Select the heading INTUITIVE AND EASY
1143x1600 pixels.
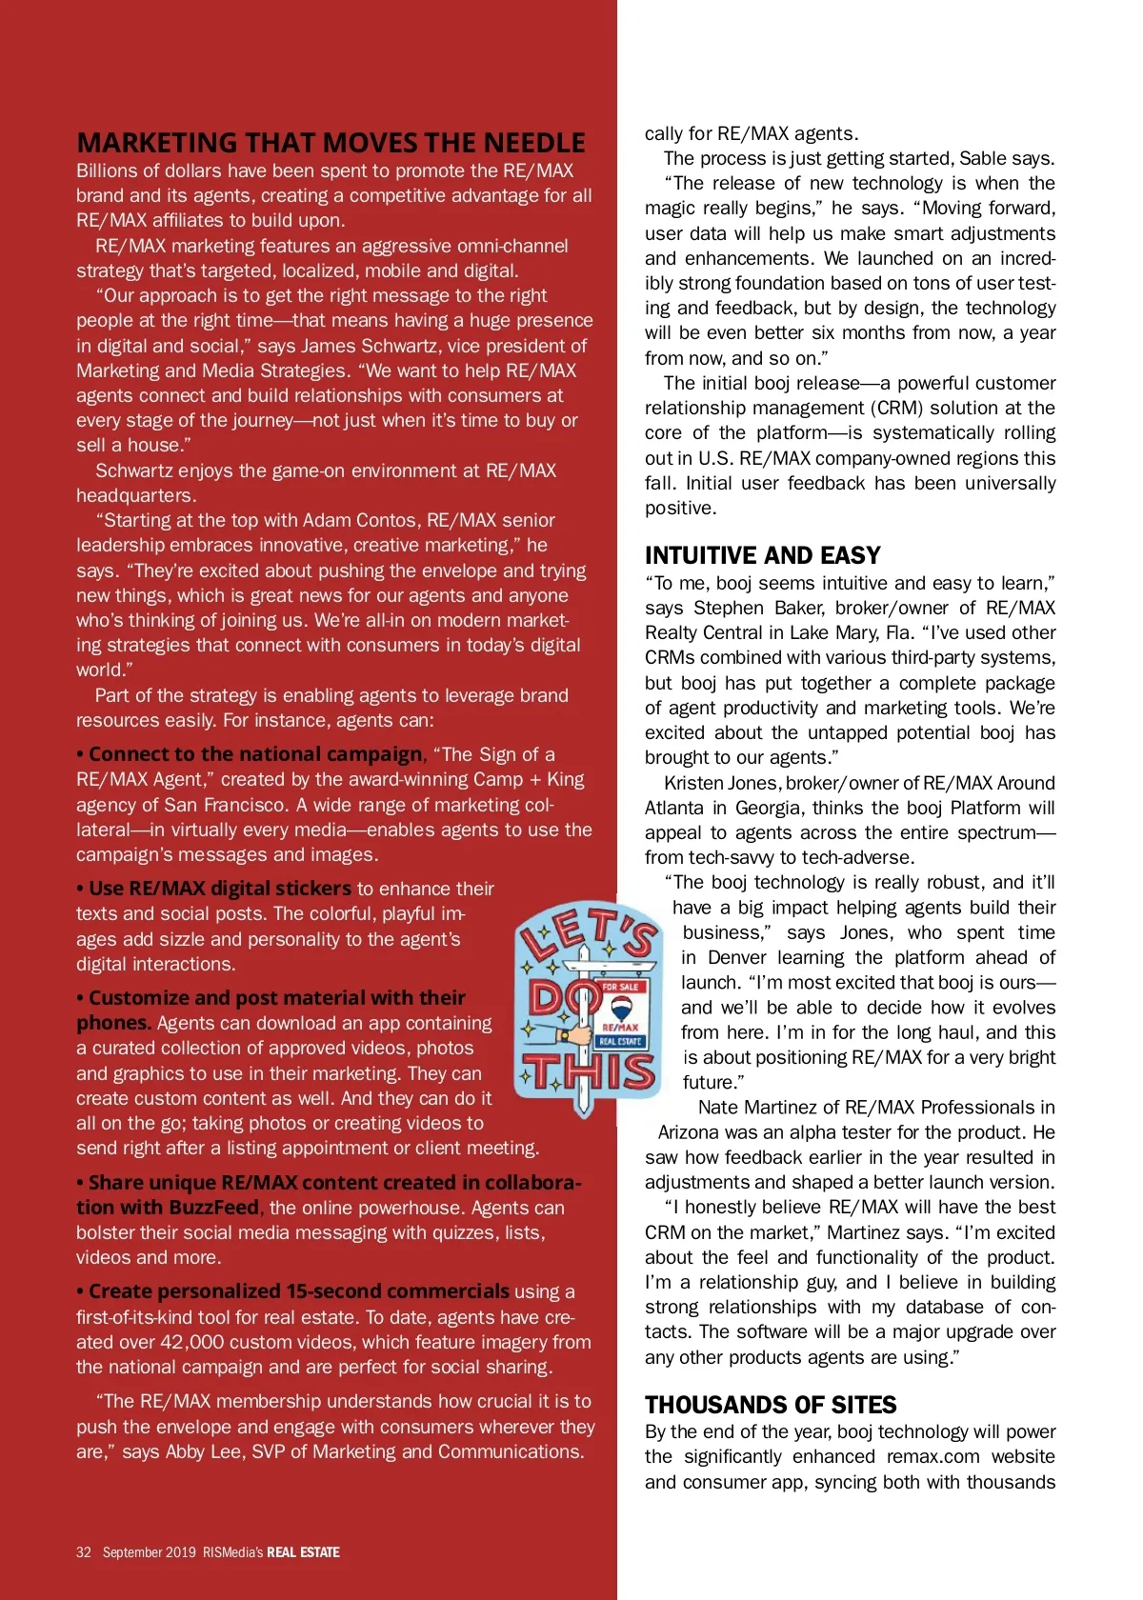pos(762,555)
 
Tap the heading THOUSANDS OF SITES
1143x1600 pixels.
pos(771,1405)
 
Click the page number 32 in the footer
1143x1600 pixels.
pos(84,1552)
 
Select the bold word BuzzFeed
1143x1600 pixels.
pos(213,1208)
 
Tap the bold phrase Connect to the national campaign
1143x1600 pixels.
pos(255,754)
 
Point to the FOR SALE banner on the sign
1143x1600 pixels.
pos(620,987)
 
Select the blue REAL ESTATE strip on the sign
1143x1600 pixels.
pos(620,1041)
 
